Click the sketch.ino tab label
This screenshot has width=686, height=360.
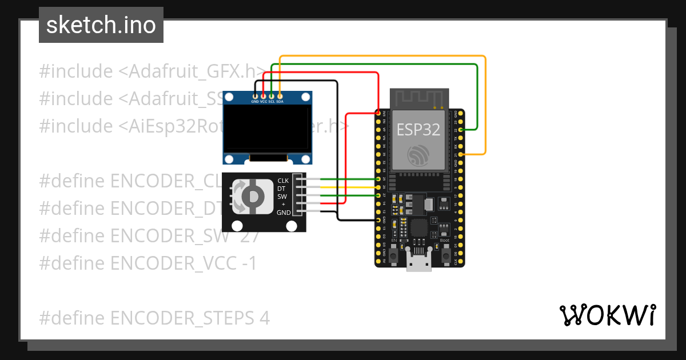coord(101,25)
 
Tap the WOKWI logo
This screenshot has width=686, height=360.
coord(607,315)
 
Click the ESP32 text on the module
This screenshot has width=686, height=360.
coord(419,129)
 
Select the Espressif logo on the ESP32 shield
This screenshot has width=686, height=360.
coord(419,155)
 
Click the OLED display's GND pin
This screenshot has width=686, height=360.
coord(255,95)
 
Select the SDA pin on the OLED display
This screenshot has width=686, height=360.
coord(280,95)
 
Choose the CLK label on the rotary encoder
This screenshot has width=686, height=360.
coord(283,181)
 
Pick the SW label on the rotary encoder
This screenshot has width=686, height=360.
coord(282,197)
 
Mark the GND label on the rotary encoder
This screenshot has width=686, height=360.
coord(284,213)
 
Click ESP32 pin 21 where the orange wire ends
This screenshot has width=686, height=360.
coord(461,154)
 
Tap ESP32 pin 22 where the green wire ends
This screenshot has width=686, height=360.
coord(461,130)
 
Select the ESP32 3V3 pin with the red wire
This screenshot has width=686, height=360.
coord(378,114)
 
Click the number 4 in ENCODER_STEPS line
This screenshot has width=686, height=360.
coord(265,318)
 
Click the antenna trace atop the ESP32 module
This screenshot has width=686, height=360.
coord(419,98)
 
